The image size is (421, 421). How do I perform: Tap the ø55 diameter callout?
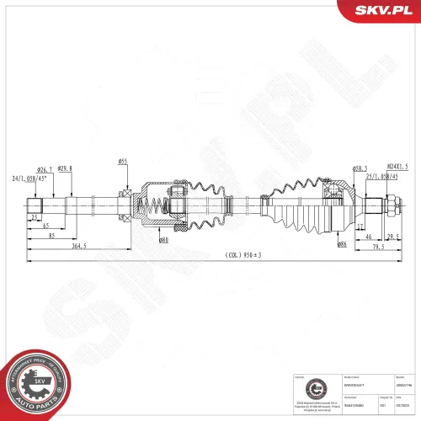(x=122, y=161)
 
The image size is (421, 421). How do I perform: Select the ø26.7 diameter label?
(x=45, y=169)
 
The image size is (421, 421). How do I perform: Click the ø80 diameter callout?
(x=163, y=241)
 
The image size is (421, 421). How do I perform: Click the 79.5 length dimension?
(x=379, y=248)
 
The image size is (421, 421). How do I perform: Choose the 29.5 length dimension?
(x=392, y=237)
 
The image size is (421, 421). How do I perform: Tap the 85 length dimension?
(x=52, y=237)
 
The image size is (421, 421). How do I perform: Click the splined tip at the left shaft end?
(x=35, y=205)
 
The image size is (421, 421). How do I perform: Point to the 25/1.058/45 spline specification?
(x=386, y=177)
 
